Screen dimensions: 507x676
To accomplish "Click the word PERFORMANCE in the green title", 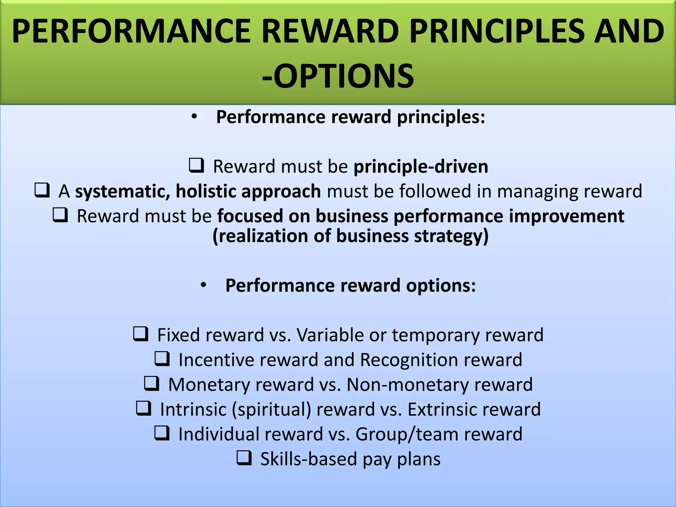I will click(131, 31).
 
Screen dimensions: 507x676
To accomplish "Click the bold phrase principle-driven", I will click(421, 166).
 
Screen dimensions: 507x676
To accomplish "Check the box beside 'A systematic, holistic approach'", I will click(42, 190).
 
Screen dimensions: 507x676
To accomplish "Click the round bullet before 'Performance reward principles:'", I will click(194, 117).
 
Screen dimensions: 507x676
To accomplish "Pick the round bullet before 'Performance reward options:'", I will click(203, 285).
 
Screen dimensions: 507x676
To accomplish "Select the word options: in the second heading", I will click(441, 285).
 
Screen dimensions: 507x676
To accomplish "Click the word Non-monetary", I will click(407, 385).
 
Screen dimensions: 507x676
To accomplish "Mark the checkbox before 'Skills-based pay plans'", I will click(244, 458).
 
